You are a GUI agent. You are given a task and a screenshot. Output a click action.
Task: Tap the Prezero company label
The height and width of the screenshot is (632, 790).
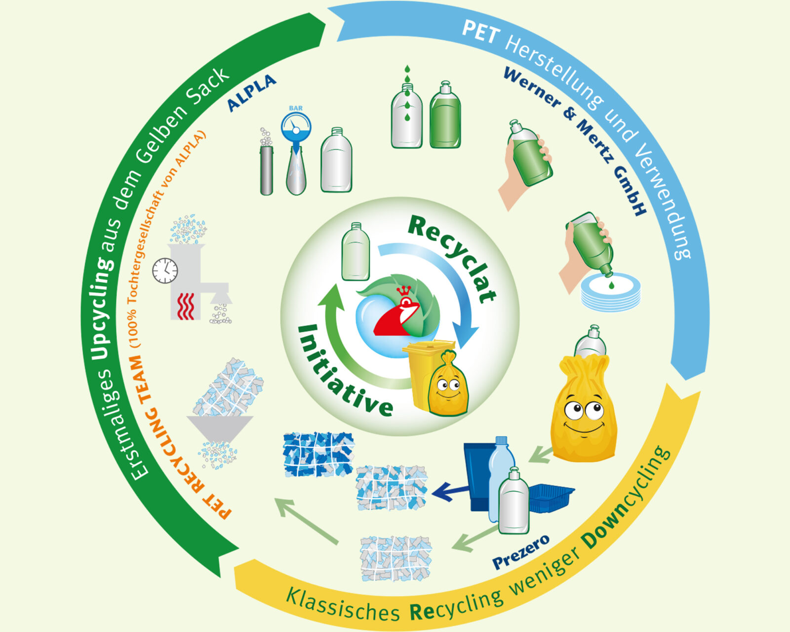pyautogui.click(x=521, y=552)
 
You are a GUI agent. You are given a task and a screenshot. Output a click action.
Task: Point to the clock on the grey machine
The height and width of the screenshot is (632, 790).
pyautogui.click(x=165, y=271)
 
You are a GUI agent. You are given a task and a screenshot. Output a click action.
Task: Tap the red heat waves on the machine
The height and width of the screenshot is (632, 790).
pyautogui.click(x=186, y=306)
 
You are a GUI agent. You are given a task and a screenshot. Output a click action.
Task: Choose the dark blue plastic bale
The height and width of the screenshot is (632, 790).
pyautogui.click(x=318, y=455)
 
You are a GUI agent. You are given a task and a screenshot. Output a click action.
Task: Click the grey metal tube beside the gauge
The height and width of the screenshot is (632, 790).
pyautogui.click(x=267, y=170)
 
